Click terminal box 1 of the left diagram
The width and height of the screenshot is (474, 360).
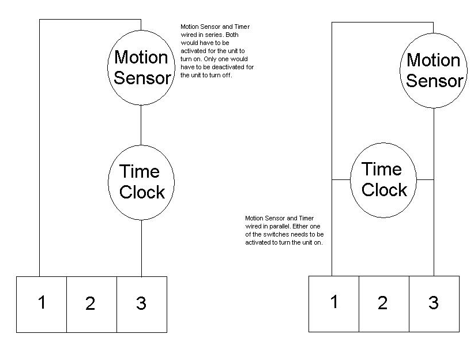(x=42, y=305)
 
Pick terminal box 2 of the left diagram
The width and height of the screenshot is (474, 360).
(x=92, y=305)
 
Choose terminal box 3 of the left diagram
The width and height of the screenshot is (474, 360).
(x=142, y=305)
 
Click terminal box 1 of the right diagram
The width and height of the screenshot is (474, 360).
(x=334, y=303)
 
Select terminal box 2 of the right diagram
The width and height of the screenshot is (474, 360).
(x=384, y=303)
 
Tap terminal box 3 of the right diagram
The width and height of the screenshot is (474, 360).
(x=434, y=303)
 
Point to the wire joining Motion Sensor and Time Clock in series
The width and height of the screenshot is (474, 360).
(x=141, y=125)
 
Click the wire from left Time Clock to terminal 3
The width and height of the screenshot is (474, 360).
(x=141, y=248)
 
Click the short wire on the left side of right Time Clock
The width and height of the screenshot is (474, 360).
(x=341, y=179)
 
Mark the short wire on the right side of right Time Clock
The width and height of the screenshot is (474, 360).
(x=425, y=179)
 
